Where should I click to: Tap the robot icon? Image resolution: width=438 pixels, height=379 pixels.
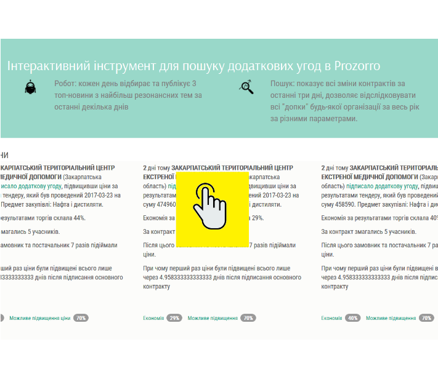point(30,87)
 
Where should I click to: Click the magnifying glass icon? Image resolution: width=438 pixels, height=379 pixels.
point(246,87)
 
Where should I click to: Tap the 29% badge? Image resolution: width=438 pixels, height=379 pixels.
point(174,318)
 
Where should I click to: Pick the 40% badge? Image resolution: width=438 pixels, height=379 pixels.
point(353,318)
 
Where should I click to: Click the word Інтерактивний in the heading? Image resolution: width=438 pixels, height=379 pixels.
point(46,66)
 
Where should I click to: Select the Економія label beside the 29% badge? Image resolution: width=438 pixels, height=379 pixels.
point(153,318)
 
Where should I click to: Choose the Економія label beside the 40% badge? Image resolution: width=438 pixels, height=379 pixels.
point(332,318)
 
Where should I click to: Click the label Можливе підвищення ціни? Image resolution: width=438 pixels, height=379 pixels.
point(39,318)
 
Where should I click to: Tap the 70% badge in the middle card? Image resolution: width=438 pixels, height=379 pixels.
point(248,318)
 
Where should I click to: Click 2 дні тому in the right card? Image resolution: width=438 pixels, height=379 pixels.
point(335,167)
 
